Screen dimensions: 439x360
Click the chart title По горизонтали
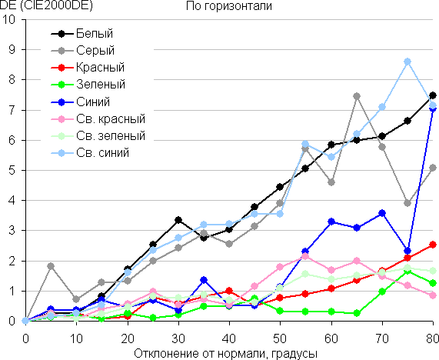(229, 6)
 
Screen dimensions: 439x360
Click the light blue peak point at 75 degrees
(407, 62)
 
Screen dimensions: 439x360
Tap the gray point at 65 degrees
(357, 96)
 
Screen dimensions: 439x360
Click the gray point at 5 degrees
(51, 266)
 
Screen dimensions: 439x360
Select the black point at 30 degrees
(178, 220)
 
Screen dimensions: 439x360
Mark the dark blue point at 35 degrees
(204, 280)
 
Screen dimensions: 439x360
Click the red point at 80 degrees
(433, 245)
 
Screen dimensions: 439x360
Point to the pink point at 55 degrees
(305, 256)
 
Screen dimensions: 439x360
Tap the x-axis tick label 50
(280, 339)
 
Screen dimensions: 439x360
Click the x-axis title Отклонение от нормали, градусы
(226, 354)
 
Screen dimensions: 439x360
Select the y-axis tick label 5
(12, 170)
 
